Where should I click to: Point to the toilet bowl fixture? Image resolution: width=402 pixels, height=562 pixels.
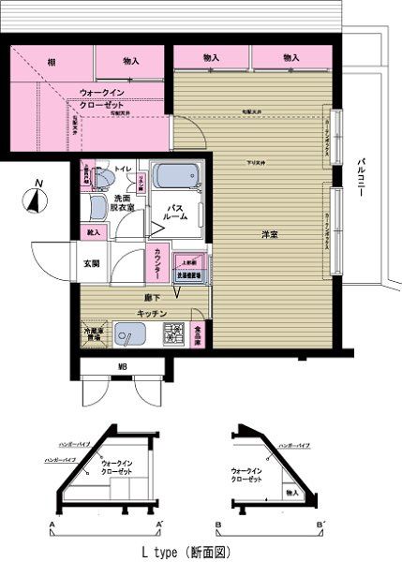(104, 180)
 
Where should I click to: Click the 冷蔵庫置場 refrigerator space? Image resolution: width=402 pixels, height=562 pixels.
(91, 335)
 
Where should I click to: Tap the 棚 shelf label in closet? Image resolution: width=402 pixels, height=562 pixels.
(50, 62)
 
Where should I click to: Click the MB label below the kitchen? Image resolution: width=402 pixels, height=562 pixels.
(122, 365)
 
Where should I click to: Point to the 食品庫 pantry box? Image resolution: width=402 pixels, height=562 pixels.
(199, 335)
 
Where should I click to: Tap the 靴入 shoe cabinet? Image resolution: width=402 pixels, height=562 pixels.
(93, 229)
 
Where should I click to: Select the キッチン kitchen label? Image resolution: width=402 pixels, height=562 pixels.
(152, 312)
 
